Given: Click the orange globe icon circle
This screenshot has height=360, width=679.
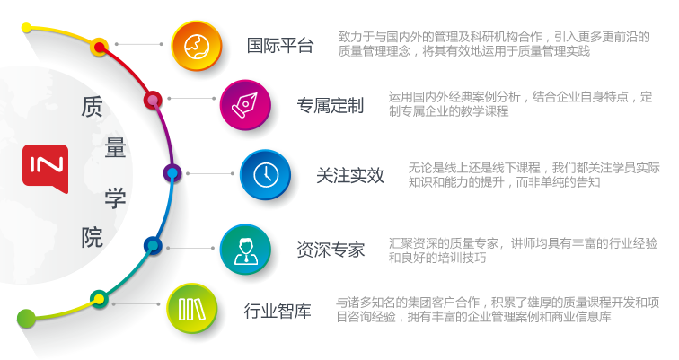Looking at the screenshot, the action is [x=197, y=46].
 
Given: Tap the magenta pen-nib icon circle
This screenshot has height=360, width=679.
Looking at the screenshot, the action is [x=245, y=105].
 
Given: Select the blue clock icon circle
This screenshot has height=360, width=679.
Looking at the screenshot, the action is [x=266, y=174].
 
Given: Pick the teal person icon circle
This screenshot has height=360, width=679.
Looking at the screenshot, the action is [x=245, y=250].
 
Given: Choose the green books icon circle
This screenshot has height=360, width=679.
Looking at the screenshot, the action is [x=192, y=309].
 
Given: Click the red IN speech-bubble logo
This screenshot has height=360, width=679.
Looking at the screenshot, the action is [x=46, y=169].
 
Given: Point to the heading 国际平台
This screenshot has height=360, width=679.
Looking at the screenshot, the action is [x=280, y=46].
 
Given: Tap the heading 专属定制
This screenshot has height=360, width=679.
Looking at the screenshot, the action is [x=330, y=106].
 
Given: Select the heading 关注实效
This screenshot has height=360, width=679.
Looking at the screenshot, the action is [x=350, y=176].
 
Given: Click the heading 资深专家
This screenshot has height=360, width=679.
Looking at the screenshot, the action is [x=331, y=250].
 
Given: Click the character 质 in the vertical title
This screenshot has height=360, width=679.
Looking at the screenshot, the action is [x=93, y=107].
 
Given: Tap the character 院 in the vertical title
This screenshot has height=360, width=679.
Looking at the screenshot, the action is [x=93, y=238].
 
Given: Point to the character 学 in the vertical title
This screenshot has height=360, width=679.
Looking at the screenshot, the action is [x=115, y=198].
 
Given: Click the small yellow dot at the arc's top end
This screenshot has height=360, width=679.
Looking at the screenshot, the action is [x=26, y=28].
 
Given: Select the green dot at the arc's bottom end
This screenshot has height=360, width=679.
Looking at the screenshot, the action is [x=26, y=319].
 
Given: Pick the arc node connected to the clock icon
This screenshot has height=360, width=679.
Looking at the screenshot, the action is [x=172, y=173].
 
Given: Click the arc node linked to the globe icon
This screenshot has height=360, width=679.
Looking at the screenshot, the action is [x=99, y=47].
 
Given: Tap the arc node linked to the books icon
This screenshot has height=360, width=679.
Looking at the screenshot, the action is [x=99, y=299].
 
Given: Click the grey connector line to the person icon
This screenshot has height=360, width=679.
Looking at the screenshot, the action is [x=190, y=248].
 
